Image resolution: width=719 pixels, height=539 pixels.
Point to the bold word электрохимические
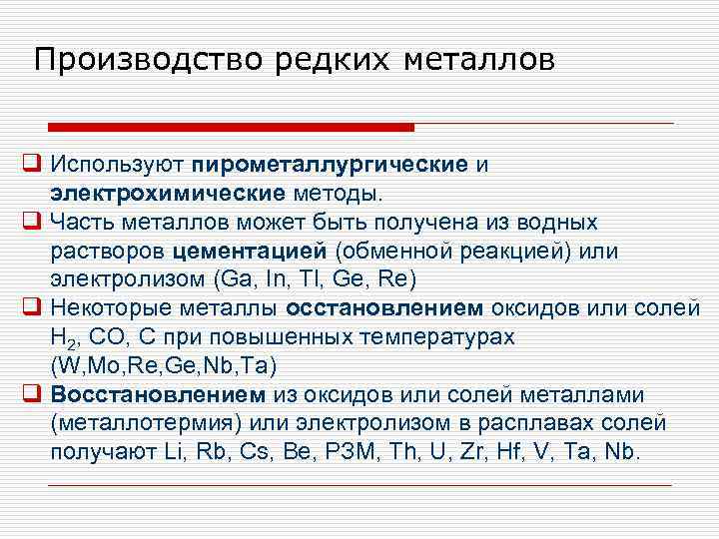(x=167, y=191)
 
